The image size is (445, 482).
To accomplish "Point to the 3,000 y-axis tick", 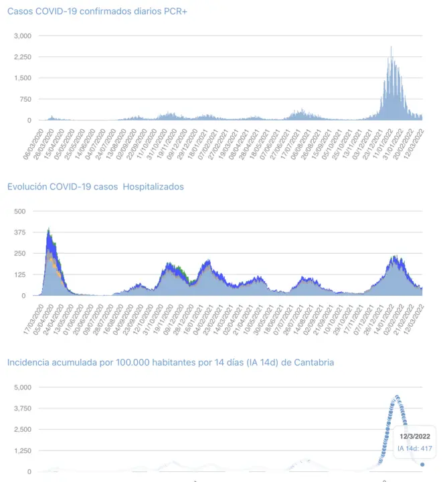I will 23,35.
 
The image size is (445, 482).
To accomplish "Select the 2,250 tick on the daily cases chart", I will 23,57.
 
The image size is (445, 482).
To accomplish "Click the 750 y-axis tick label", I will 25,99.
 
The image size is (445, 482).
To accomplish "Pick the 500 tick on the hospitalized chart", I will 19,211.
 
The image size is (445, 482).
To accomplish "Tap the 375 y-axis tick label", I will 19,232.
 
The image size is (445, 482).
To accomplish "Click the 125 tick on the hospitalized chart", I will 19,274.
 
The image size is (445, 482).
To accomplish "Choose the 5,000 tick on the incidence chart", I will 23,387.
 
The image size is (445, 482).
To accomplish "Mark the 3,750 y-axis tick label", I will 23,408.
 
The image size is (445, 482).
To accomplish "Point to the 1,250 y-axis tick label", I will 23,451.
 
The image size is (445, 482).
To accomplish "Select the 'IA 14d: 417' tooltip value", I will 415,449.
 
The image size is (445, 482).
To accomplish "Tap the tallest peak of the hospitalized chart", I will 49,230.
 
